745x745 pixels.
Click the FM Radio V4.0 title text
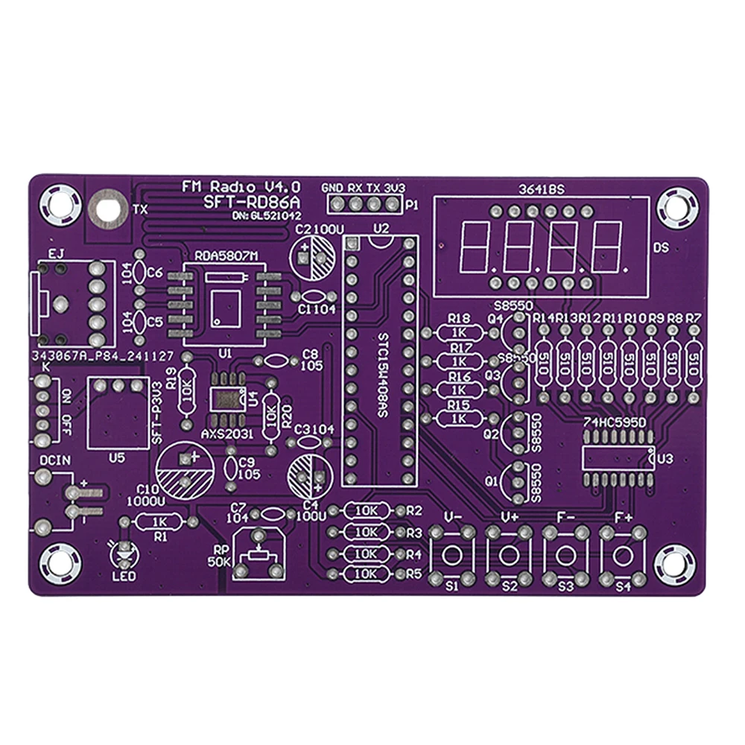(x=242, y=186)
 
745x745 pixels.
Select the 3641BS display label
(x=541, y=189)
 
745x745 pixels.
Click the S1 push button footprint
(x=452, y=555)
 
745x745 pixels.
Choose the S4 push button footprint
(x=622, y=555)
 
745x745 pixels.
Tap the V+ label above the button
(x=510, y=516)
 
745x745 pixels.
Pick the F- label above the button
(x=565, y=516)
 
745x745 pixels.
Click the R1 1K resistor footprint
(x=159, y=522)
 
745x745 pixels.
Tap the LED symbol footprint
(x=124, y=553)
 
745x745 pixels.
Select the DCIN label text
(x=54, y=460)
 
